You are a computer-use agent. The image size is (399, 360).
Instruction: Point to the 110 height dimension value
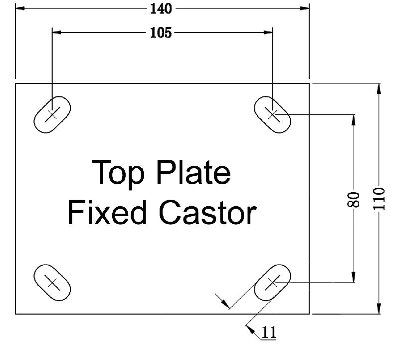(x=379, y=198)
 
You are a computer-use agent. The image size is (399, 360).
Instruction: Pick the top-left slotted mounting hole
(x=52, y=114)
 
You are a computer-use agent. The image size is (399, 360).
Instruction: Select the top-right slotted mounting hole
(x=273, y=114)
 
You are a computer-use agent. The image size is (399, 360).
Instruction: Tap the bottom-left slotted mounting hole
(x=52, y=283)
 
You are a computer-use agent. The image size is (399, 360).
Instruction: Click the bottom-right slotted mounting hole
(x=272, y=283)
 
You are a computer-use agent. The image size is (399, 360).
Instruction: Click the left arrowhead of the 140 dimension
(x=20, y=8)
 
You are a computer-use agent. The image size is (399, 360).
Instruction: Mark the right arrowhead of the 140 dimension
(x=305, y=8)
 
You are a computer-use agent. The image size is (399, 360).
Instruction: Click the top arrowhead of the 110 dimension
(x=379, y=88)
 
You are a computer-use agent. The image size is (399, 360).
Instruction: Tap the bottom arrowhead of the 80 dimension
(x=354, y=279)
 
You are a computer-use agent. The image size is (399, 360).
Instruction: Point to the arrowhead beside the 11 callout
(x=249, y=328)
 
